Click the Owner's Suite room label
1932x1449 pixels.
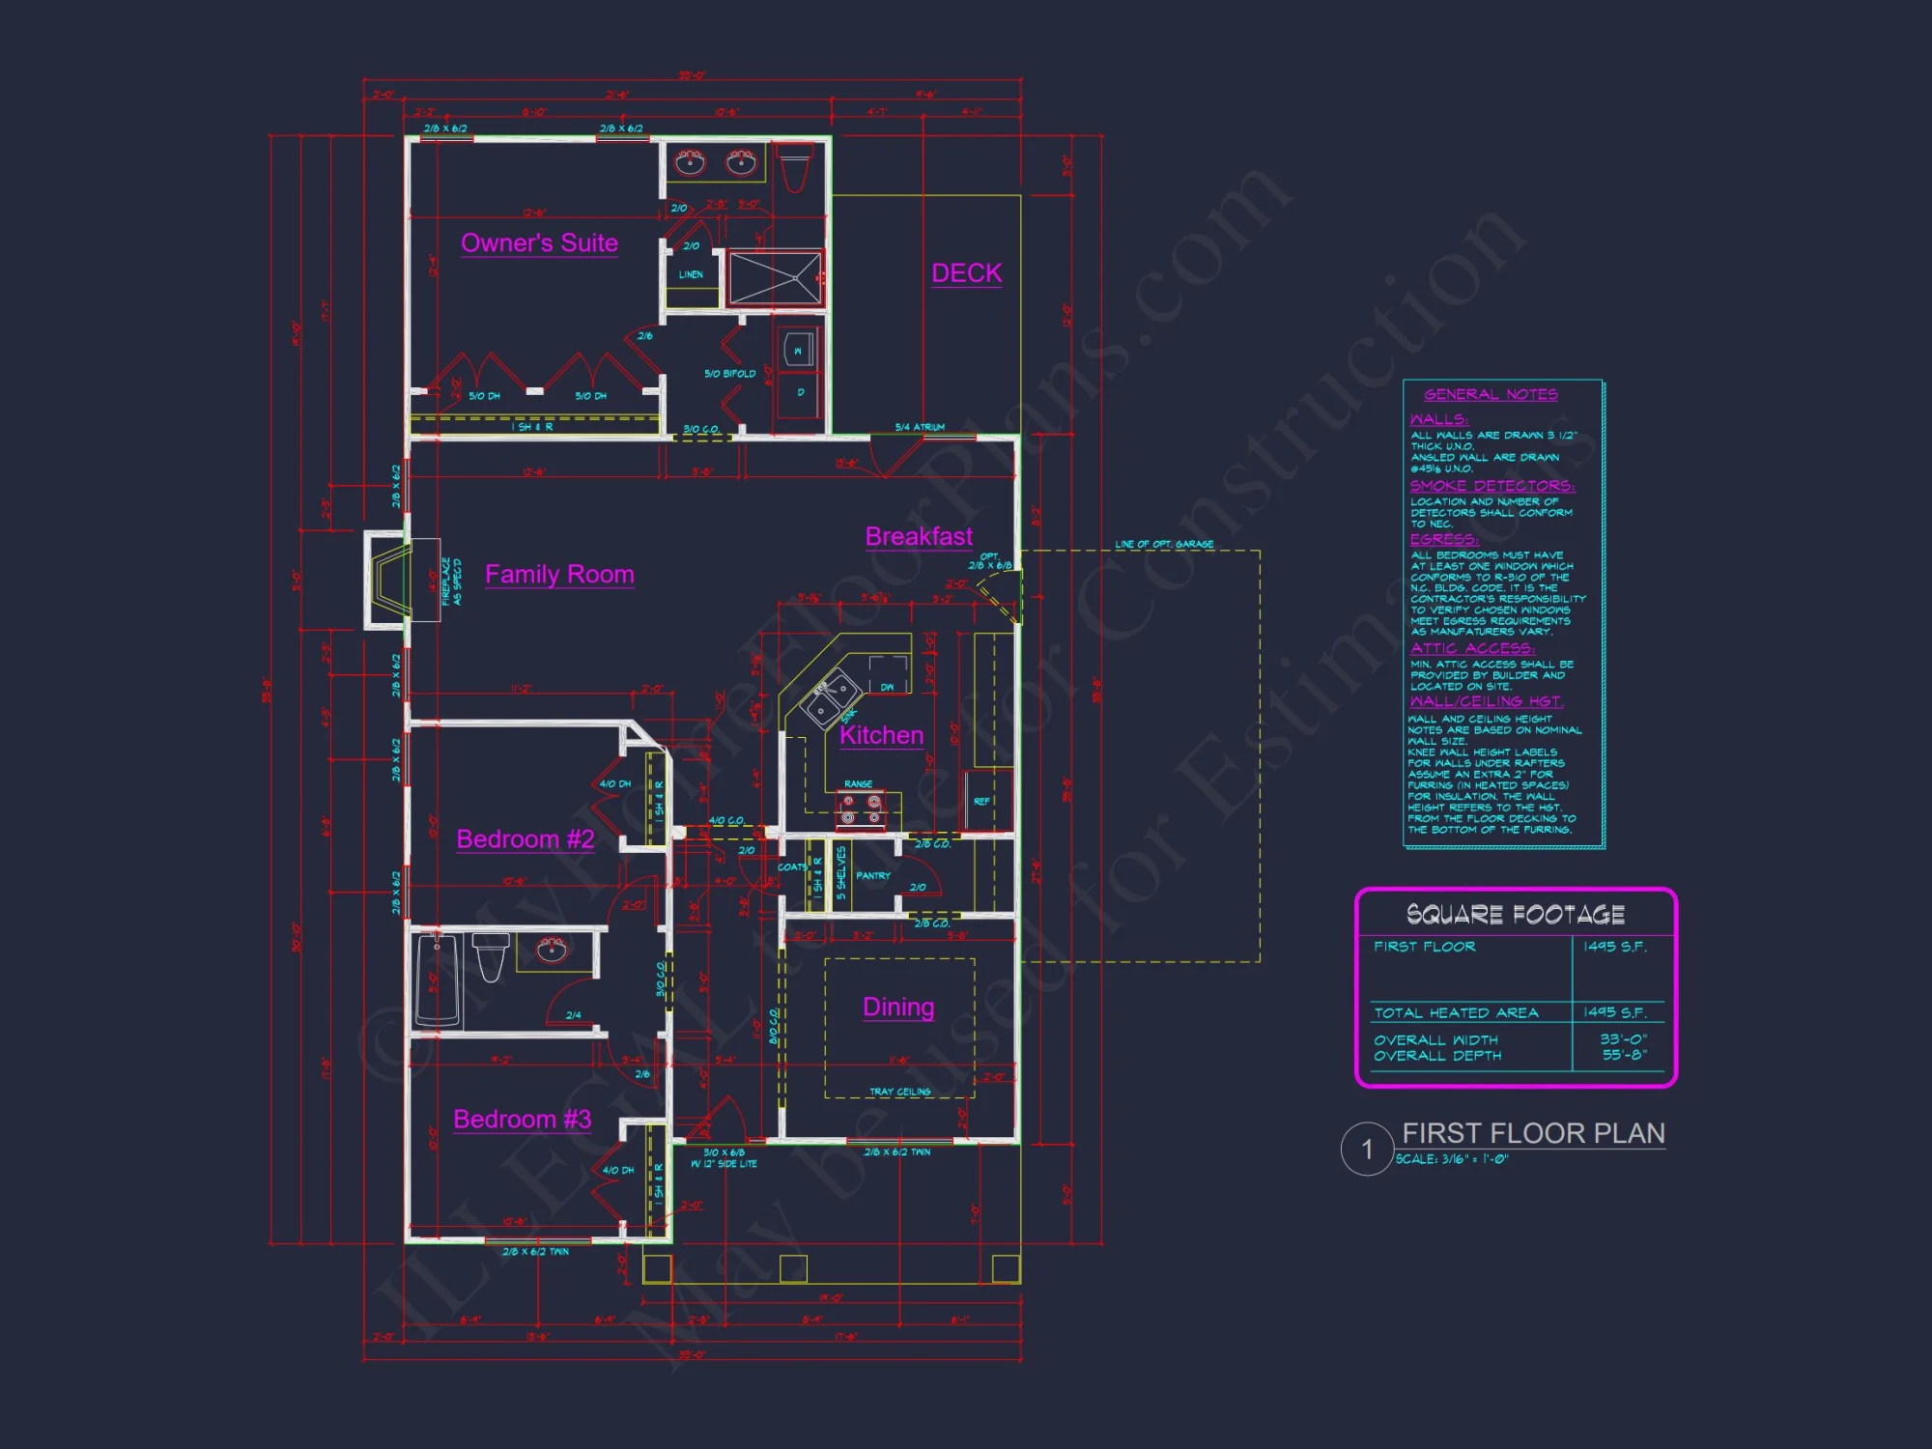539,243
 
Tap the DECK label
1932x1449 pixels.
966,273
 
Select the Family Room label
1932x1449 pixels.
559,575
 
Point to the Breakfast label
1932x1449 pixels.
919,537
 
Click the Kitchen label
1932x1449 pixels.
881,735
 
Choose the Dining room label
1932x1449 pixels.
898,1008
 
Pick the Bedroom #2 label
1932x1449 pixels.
525,839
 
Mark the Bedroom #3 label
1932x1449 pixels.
522,1120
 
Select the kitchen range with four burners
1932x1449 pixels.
860,810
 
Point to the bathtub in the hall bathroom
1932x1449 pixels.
437,980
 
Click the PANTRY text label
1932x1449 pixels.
873,876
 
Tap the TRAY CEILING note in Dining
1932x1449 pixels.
899,1093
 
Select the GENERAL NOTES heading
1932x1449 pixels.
1491,395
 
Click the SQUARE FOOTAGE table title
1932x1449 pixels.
1515,915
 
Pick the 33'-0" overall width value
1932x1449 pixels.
1623,1039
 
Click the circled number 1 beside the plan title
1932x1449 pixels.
1367,1150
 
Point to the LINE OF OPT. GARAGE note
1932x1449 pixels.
1164,545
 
